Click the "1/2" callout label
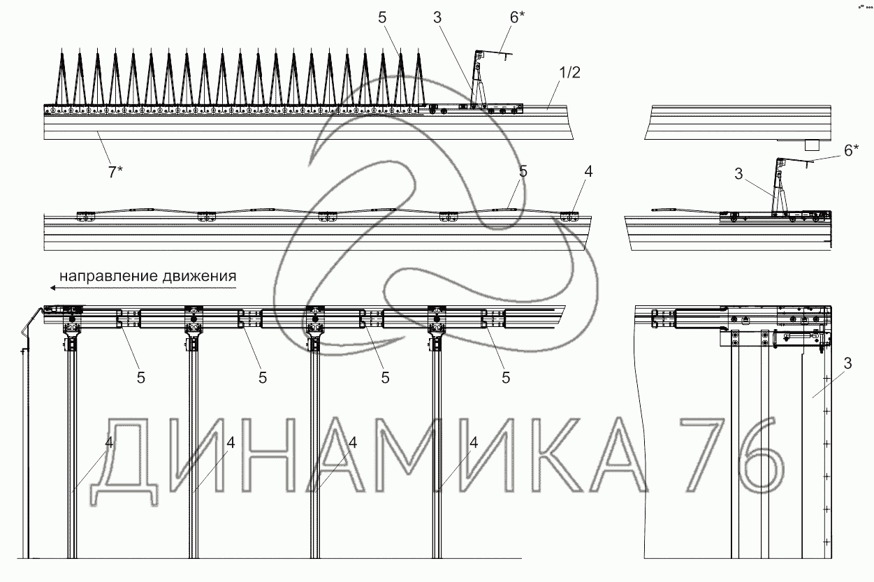tap(569, 73)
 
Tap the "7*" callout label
tap(115, 172)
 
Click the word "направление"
tap(108, 276)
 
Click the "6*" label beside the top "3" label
tap(518, 17)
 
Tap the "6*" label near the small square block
tap(852, 150)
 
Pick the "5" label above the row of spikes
tap(382, 17)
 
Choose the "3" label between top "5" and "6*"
tap(437, 17)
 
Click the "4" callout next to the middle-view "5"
tap(588, 171)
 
